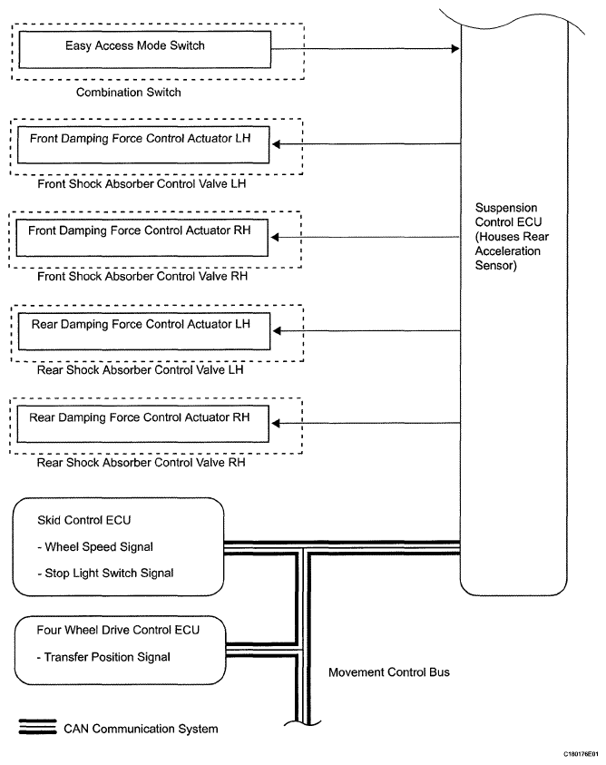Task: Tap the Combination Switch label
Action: pos(128,93)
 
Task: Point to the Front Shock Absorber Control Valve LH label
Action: pos(142,184)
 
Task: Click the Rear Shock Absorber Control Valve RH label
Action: pos(141,463)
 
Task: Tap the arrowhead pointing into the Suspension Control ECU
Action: pos(455,48)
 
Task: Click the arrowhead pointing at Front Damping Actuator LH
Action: pos(276,144)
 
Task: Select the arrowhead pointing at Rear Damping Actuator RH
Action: pos(276,423)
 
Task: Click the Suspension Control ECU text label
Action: pos(512,237)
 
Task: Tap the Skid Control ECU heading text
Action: pos(84,520)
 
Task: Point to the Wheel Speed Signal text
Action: pos(95,547)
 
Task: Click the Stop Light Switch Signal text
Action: pos(105,574)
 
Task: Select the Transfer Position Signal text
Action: pos(103,657)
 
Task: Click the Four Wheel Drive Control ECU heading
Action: pos(118,631)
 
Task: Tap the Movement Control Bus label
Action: pos(389,672)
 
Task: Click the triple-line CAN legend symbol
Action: pos(37,727)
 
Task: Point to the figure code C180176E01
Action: pos(581,754)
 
